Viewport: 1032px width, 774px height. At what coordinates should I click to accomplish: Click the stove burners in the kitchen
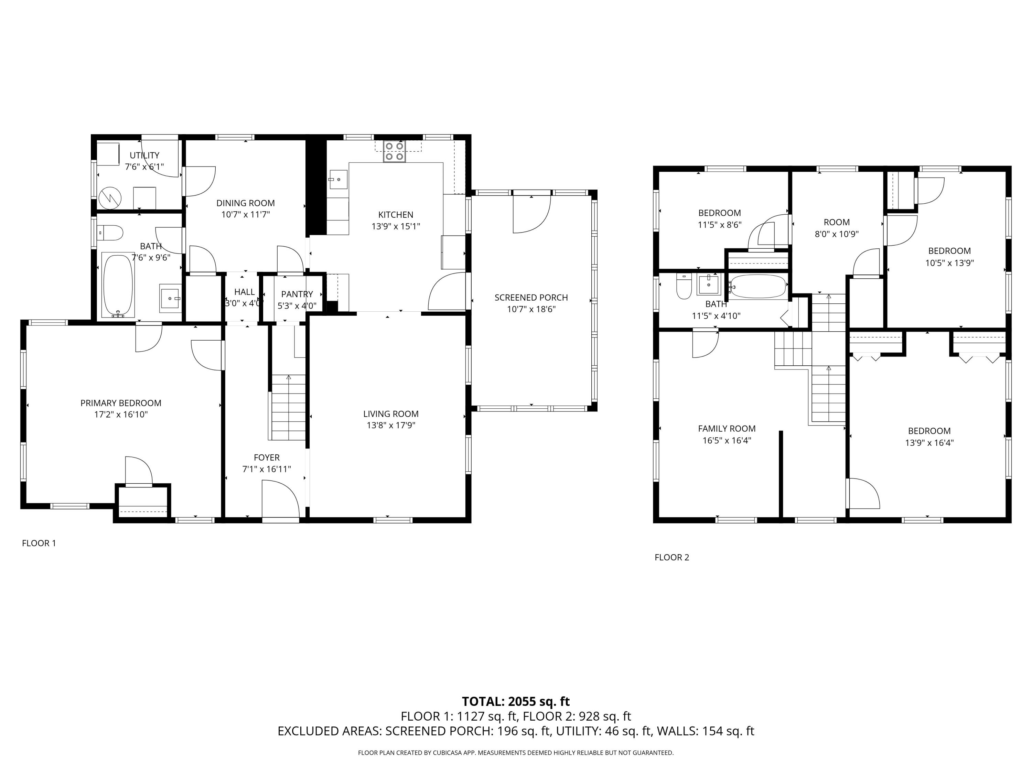[x=394, y=151]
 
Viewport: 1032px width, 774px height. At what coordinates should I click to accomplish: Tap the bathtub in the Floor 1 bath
[x=118, y=284]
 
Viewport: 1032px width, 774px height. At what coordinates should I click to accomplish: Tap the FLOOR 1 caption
[x=39, y=543]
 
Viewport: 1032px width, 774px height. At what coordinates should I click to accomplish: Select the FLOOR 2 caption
[x=671, y=557]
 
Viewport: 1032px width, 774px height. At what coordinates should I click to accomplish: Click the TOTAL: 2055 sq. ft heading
[x=516, y=701]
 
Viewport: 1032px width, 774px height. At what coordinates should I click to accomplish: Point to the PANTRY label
[x=297, y=294]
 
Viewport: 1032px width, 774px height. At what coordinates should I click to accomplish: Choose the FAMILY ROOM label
[x=727, y=428]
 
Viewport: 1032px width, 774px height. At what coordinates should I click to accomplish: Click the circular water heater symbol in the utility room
[x=110, y=197]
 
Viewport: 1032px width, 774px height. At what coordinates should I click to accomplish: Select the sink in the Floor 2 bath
[x=708, y=284]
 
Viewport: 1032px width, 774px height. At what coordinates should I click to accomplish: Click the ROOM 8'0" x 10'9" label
[x=837, y=228]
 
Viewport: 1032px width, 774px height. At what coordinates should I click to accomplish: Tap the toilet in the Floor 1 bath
[x=111, y=232]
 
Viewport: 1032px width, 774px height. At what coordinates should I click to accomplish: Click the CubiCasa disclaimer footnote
[x=516, y=753]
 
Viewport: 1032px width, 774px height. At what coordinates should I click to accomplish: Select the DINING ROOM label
[x=245, y=203]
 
